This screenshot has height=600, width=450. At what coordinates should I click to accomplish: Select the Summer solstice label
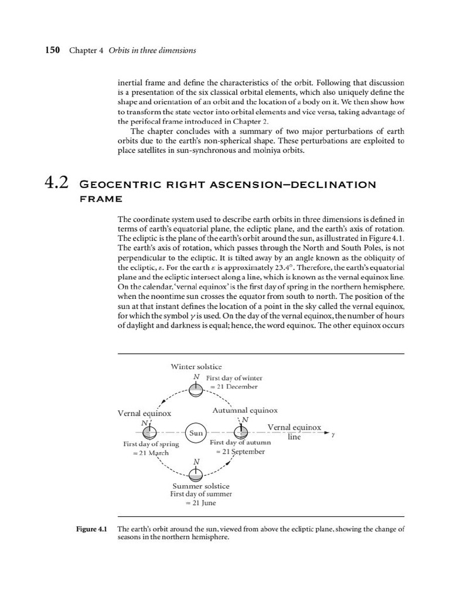201,486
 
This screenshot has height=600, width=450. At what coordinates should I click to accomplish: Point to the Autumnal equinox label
244,411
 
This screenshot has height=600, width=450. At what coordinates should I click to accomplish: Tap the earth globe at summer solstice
196,473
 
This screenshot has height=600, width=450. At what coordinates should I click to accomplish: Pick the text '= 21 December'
233,387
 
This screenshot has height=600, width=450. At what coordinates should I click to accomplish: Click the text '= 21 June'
200,503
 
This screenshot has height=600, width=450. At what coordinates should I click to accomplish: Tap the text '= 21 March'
151,453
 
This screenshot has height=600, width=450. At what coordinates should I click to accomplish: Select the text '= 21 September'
240,452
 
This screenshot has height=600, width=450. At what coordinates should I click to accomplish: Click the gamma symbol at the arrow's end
333,434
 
